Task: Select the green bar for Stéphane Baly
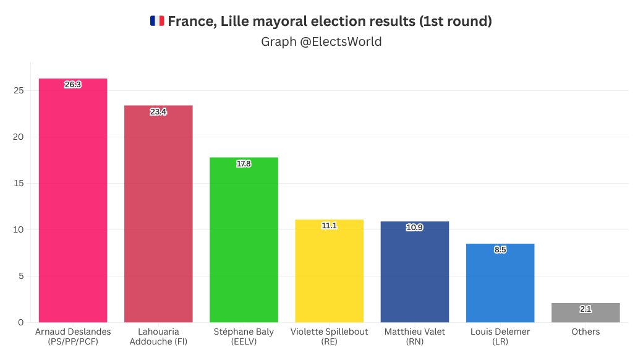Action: pos(244,241)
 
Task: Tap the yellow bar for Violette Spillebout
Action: pos(329,272)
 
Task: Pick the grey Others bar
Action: pos(585,314)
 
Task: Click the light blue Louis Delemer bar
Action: pos(500,285)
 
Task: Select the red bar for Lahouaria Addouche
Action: pos(158,216)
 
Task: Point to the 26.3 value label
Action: pos(73,84)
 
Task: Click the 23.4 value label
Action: pos(158,111)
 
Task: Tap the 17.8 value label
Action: pos(244,164)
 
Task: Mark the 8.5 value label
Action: pos(500,250)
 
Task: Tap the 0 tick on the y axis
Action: pos(21,322)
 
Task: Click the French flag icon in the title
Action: pos(156,21)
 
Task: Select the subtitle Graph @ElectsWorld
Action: pos(321,42)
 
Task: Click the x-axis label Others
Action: pos(585,332)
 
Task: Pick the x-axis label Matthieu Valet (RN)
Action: pos(414,336)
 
